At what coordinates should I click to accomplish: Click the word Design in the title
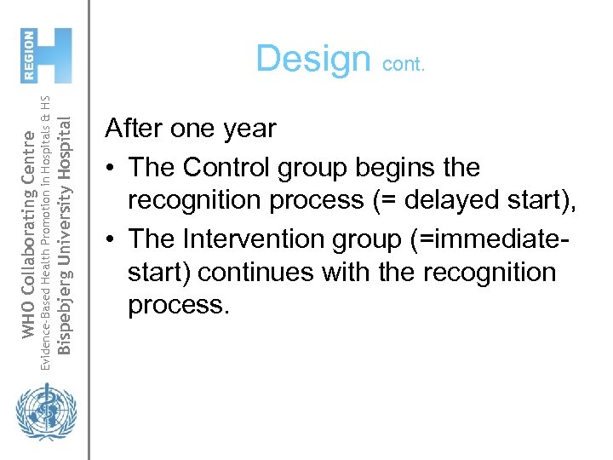[x=312, y=60]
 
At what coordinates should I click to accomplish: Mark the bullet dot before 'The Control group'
[x=111, y=168]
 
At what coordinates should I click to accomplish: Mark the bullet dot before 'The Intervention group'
[x=111, y=240]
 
